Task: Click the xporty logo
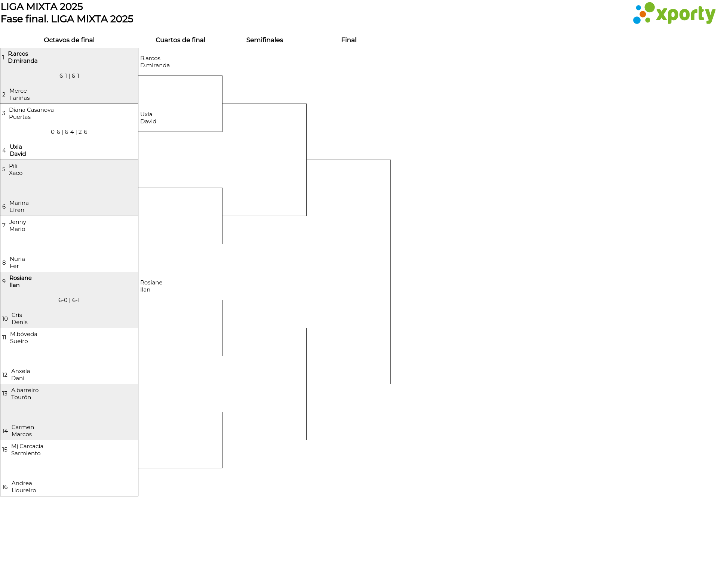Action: click(x=674, y=13)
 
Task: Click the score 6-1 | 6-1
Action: click(x=69, y=76)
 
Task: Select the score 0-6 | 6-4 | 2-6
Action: click(x=69, y=132)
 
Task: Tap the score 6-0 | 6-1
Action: click(x=69, y=300)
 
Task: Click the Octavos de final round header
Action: click(x=69, y=40)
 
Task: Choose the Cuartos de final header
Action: click(x=180, y=40)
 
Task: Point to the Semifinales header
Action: click(x=264, y=40)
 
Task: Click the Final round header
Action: click(x=349, y=40)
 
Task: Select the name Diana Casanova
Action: click(x=31, y=110)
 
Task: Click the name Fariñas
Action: click(x=19, y=98)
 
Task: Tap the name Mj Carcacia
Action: click(x=27, y=446)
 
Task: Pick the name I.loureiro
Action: click(x=24, y=490)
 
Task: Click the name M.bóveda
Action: click(x=24, y=334)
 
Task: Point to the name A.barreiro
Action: click(x=25, y=390)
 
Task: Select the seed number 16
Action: click(x=5, y=487)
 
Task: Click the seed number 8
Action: click(x=4, y=263)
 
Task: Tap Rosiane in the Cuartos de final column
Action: click(x=151, y=283)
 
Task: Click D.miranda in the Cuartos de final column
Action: click(x=155, y=65)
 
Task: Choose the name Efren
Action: click(x=17, y=210)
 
